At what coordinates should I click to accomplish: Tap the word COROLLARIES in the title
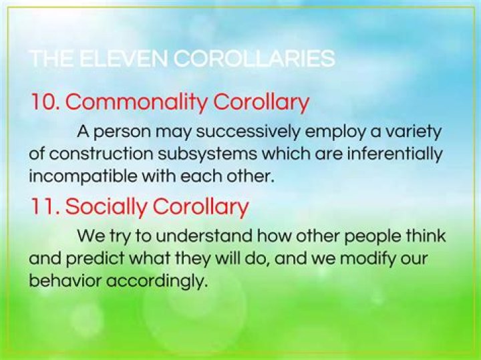coord(255,59)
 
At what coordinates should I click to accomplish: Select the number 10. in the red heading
coord(45,102)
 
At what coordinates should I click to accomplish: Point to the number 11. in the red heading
coord(44,206)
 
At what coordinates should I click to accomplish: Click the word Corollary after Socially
coord(200,206)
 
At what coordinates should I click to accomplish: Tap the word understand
coord(187,236)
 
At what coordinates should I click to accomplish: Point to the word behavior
coord(62,281)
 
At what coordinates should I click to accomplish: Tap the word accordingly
coord(155,281)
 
